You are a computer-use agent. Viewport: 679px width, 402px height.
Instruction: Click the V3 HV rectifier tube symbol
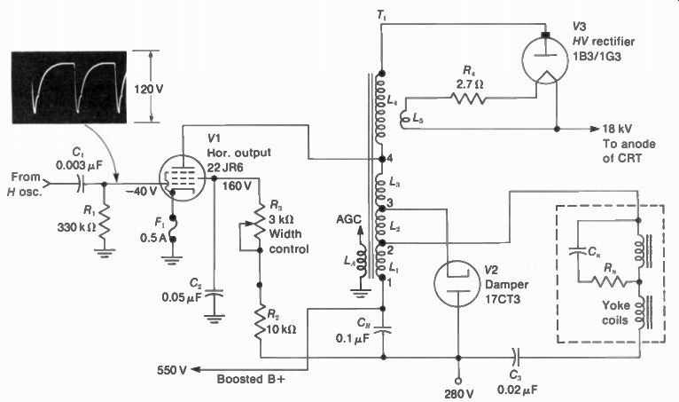[x=545, y=59]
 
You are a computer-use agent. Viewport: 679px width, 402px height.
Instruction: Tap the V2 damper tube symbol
[x=457, y=283]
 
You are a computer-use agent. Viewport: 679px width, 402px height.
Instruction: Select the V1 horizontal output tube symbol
[x=182, y=178]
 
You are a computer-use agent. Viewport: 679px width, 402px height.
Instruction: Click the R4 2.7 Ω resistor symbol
[x=468, y=99]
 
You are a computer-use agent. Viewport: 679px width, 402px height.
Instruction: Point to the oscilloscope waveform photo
[x=69, y=87]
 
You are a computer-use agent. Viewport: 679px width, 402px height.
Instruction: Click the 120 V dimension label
[x=149, y=90]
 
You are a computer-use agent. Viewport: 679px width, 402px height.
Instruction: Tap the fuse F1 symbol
[x=172, y=228]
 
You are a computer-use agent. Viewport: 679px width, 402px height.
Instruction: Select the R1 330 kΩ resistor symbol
[x=104, y=228]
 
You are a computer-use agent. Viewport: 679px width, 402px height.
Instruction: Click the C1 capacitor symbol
[x=81, y=184]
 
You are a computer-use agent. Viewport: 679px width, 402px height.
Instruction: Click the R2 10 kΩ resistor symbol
[x=260, y=322]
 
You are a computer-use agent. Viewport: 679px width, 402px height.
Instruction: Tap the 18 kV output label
[x=617, y=129]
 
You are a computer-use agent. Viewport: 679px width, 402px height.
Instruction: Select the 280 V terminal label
[x=458, y=394]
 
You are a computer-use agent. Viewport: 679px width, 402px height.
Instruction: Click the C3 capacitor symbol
[x=515, y=358]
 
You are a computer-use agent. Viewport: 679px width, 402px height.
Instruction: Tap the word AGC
[x=348, y=219]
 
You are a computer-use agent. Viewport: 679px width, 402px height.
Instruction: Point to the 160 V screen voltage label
[x=237, y=186]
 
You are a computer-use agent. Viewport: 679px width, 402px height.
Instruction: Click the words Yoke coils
[x=615, y=312]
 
